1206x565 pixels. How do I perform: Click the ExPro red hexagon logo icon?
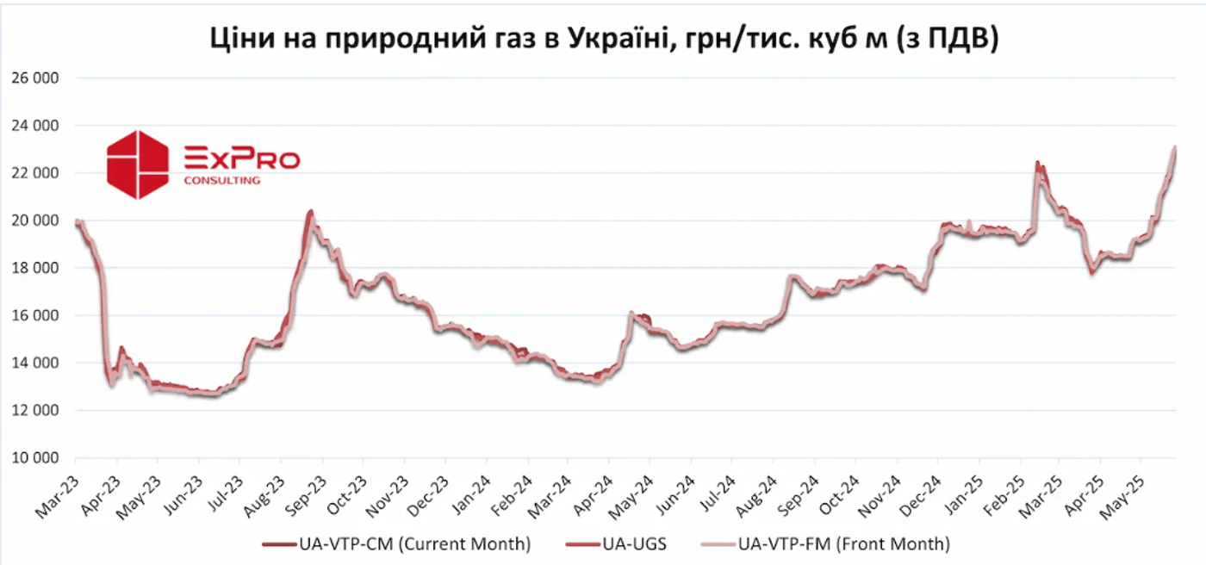pyautogui.click(x=138, y=165)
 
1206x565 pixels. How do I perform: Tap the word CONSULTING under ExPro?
pyautogui.click(x=222, y=180)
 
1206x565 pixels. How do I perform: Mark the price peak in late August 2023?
pyautogui.click(x=310, y=211)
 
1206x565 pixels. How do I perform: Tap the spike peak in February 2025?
pyautogui.click(x=1038, y=163)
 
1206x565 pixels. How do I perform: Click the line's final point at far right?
pyautogui.click(x=1175, y=148)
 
